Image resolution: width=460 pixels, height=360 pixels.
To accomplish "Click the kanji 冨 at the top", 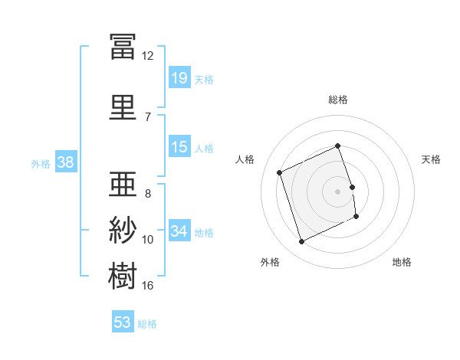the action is coord(123,47).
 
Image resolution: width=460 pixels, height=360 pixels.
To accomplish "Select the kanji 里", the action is coord(123,107).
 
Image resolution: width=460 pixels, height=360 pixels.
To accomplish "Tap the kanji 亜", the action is coord(123,184).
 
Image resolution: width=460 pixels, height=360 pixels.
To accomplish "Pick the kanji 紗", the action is coord(123,230).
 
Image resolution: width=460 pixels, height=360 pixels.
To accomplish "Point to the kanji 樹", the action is coord(123,276).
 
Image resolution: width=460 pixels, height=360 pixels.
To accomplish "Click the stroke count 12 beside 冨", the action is coord(147,56).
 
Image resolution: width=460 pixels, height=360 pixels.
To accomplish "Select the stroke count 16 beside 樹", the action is coord(147,286).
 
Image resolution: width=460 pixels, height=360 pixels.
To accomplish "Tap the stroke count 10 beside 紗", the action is coord(147,240).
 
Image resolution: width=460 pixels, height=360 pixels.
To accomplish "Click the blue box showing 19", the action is coord(179,77).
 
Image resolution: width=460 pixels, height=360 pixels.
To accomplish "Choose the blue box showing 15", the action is coord(179,146).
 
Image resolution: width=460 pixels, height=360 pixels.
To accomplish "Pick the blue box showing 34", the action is coord(179,230).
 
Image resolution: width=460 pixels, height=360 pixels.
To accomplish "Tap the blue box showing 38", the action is coord(66,162).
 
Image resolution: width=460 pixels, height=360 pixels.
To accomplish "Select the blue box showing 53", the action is coord(123,321).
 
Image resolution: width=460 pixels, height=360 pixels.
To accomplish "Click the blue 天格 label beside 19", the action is coord(204,80).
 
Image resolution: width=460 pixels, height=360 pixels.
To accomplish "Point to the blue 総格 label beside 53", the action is coord(147,324).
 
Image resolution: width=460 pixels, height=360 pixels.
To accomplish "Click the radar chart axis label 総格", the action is coord(338,100).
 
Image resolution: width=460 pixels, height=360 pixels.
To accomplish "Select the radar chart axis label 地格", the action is coord(402,262).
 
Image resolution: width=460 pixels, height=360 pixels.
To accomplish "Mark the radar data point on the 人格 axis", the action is coord(279,172).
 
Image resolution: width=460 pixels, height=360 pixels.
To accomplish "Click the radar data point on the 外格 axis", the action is coord(301,241).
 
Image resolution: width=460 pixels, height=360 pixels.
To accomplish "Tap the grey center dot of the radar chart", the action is coord(337,191).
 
